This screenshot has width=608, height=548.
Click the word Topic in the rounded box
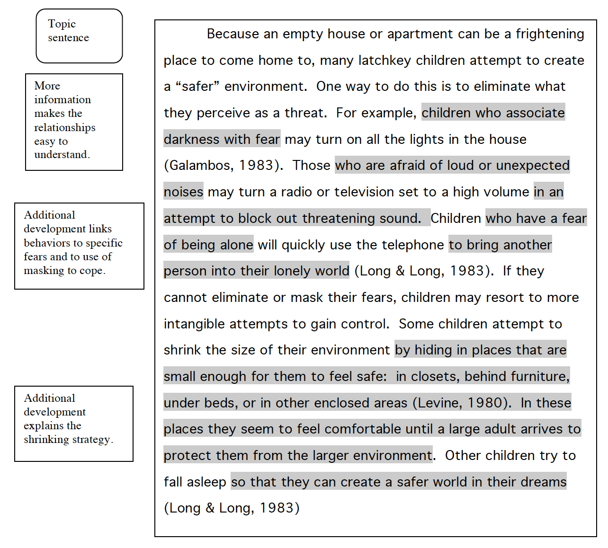pos(62,24)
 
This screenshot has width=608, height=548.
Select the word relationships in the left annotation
pos(64,128)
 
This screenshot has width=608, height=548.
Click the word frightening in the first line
pos(549,34)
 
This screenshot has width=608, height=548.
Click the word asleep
pos(206,482)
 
